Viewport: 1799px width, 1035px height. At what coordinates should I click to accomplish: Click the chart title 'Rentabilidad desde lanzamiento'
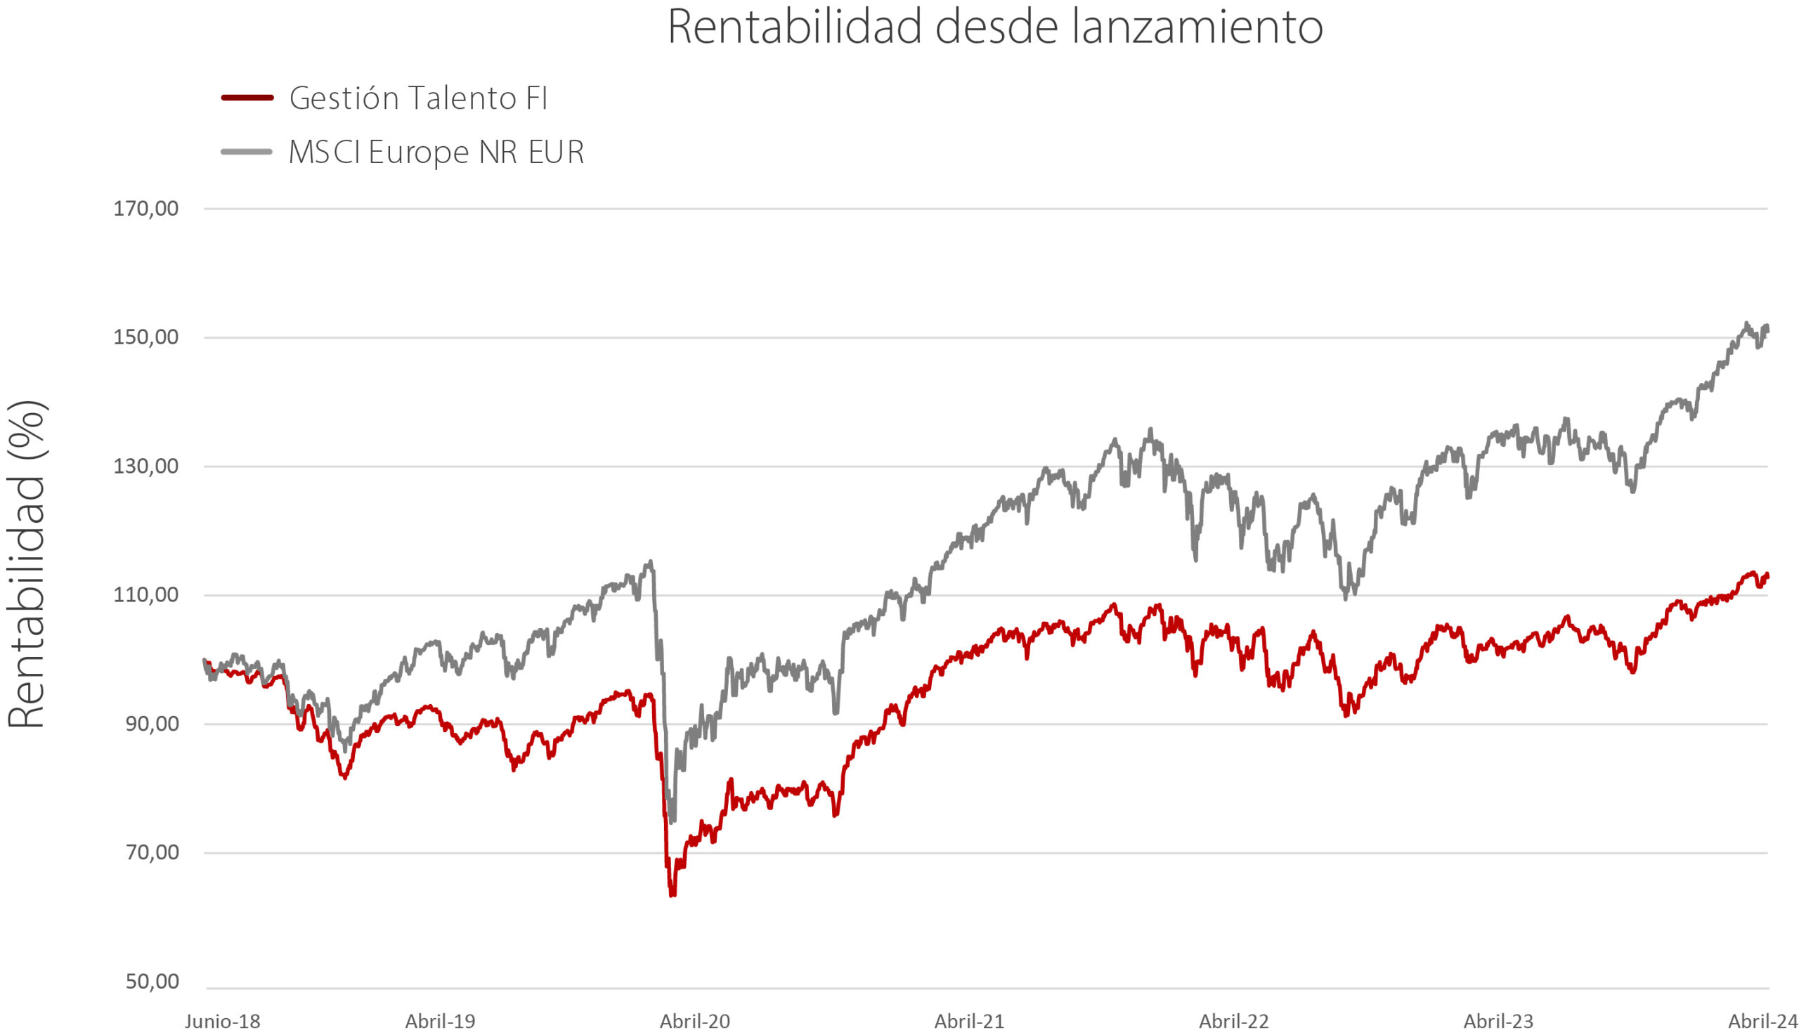click(x=995, y=27)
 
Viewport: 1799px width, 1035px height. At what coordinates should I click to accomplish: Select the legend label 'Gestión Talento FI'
click(x=419, y=98)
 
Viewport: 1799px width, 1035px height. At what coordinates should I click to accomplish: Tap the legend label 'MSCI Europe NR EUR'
click(x=436, y=152)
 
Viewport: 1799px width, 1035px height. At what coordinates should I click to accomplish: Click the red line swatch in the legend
click(x=247, y=98)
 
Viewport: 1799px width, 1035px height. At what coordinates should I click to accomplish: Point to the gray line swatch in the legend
click(x=247, y=151)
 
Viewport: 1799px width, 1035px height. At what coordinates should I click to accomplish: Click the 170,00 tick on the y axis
click(x=145, y=209)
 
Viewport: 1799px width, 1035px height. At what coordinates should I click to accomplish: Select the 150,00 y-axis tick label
click(x=145, y=338)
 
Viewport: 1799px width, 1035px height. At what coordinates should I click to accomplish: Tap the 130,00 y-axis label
click(x=145, y=467)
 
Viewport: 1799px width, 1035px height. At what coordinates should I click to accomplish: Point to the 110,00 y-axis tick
click(x=145, y=595)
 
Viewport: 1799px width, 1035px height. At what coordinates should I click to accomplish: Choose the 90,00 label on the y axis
click(x=152, y=724)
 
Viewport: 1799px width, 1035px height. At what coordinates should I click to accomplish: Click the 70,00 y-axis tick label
click(x=152, y=852)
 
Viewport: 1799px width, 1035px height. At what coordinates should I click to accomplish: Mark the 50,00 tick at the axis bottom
click(x=152, y=982)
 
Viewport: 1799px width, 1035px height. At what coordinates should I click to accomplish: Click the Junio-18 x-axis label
click(x=223, y=1022)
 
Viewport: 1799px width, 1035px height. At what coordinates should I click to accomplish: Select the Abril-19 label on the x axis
click(x=441, y=1022)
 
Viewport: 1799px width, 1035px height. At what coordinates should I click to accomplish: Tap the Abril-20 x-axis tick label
click(x=694, y=1022)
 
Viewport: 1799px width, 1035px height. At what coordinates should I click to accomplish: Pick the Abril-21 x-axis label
click(x=969, y=1022)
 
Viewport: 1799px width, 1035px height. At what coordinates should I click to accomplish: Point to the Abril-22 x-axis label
click(x=1234, y=1022)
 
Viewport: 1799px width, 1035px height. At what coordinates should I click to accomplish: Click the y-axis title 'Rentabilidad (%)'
click(x=27, y=564)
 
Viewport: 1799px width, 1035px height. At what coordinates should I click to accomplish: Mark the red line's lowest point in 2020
click(x=672, y=896)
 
